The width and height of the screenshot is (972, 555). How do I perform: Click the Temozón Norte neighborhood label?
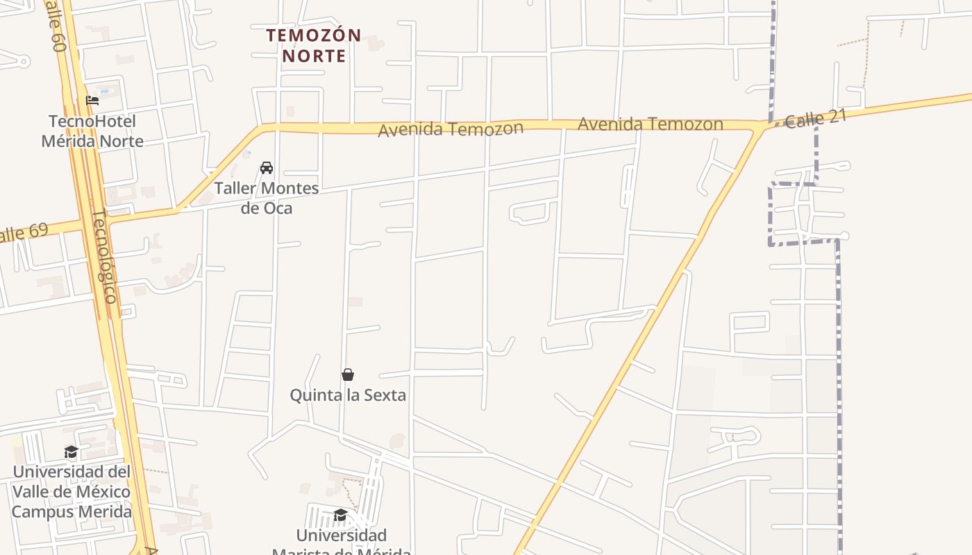point(314,45)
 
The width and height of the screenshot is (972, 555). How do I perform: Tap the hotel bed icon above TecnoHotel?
point(92,101)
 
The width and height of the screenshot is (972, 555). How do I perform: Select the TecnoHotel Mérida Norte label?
point(92,131)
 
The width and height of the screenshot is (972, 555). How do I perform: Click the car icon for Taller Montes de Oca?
point(267,168)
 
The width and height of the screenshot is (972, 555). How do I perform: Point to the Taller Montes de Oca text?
point(267,198)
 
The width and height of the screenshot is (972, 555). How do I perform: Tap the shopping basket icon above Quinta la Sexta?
point(348,375)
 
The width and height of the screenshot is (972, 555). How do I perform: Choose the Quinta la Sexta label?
point(348,395)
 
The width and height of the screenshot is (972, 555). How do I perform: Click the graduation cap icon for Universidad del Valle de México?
point(72,452)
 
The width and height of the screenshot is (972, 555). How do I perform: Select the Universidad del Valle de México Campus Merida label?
point(72,492)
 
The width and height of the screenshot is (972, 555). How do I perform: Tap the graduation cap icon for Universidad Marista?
point(340,515)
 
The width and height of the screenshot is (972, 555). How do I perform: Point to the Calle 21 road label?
point(816,119)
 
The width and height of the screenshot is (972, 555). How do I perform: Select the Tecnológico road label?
point(104,255)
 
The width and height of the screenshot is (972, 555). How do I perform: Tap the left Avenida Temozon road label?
point(450,129)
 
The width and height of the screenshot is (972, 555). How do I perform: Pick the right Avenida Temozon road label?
point(650,124)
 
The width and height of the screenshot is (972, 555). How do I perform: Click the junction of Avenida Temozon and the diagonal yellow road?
point(761,128)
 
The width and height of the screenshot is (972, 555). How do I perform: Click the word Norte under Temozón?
point(314,55)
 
